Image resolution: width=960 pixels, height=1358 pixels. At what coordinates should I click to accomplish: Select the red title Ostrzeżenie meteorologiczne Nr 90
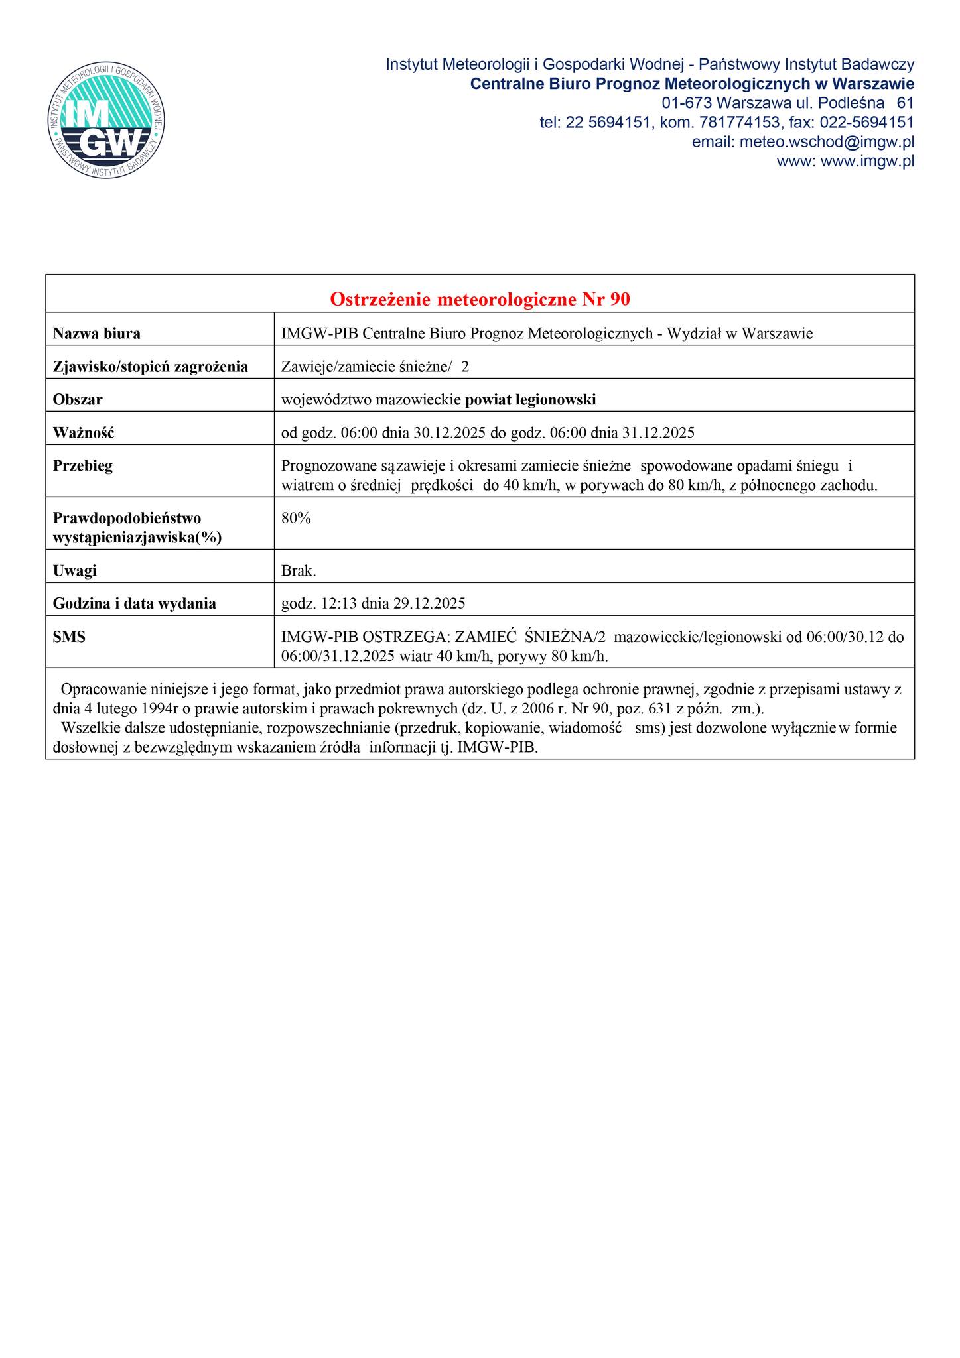click(480, 300)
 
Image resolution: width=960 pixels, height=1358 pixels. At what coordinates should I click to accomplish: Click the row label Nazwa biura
click(96, 334)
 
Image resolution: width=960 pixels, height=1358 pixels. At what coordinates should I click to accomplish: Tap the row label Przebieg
click(83, 466)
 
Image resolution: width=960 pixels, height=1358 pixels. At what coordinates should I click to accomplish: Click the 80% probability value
click(296, 519)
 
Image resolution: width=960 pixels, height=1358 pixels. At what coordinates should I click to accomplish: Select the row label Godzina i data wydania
click(134, 603)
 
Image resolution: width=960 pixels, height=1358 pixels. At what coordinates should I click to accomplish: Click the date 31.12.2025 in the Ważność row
click(658, 434)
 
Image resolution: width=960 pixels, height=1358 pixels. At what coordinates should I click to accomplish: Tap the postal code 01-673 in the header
click(687, 103)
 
